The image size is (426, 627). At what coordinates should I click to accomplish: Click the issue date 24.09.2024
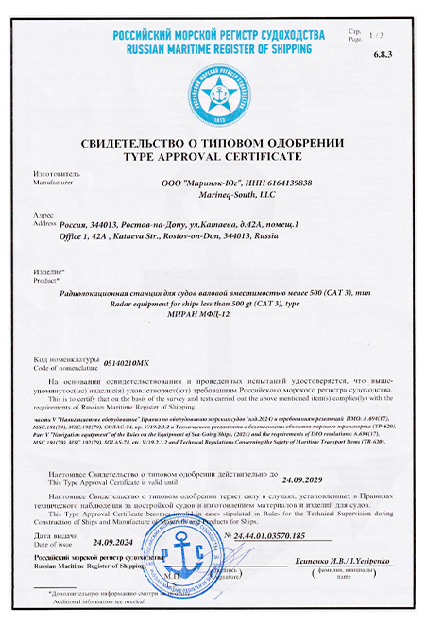(114, 543)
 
